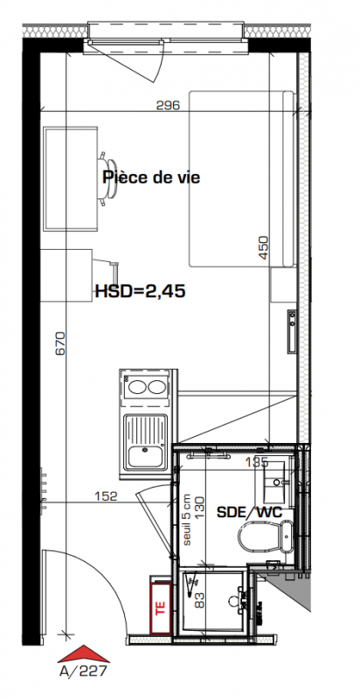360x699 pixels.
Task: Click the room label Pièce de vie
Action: point(151,177)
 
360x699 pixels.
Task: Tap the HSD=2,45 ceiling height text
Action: point(141,292)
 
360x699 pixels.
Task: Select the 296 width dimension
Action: point(168,106)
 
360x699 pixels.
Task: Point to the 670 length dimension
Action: point(60,343)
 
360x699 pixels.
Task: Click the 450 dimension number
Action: point(264,247)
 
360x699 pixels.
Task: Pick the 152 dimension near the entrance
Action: point(106,496)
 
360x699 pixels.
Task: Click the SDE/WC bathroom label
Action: point(250,512)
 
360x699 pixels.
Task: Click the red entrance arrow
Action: point(84,654)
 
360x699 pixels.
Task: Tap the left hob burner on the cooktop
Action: point(137,387)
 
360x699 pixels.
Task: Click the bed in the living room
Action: point(242,179)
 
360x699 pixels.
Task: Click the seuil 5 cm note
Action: point(187,519)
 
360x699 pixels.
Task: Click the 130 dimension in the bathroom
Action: point(198,506)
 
